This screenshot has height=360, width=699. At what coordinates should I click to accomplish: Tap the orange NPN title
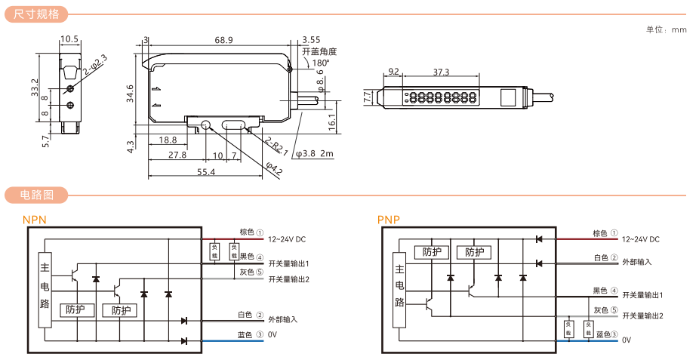(x=35, y=220)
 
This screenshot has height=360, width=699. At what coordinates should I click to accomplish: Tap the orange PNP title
(x=388, y=220)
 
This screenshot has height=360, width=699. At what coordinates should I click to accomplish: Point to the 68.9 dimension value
(x=223, y=40)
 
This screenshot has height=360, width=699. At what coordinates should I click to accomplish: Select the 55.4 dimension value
(x=206, y=172)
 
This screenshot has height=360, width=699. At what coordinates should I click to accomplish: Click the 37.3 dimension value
(x=442, y=72)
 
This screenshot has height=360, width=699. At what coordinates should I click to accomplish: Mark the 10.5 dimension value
(x=69, y=39)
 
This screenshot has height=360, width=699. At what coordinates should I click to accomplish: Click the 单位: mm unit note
(x=667, y=30)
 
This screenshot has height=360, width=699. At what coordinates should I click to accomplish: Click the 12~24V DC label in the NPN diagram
(x=287, y=239)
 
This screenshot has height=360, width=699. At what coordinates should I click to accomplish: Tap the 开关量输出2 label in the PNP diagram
(x=642, y=315)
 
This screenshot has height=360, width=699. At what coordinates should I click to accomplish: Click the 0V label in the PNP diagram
(x=627, y=340)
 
